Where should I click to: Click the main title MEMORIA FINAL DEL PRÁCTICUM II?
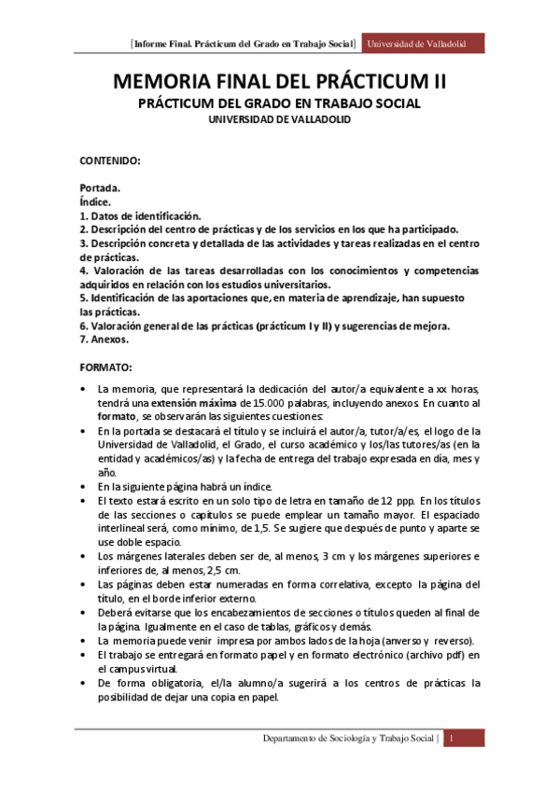[279, 82]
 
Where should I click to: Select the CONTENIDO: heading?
[109, 161]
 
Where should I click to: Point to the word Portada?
[100, 187]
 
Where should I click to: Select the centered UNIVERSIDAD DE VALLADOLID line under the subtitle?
[279, 119]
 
